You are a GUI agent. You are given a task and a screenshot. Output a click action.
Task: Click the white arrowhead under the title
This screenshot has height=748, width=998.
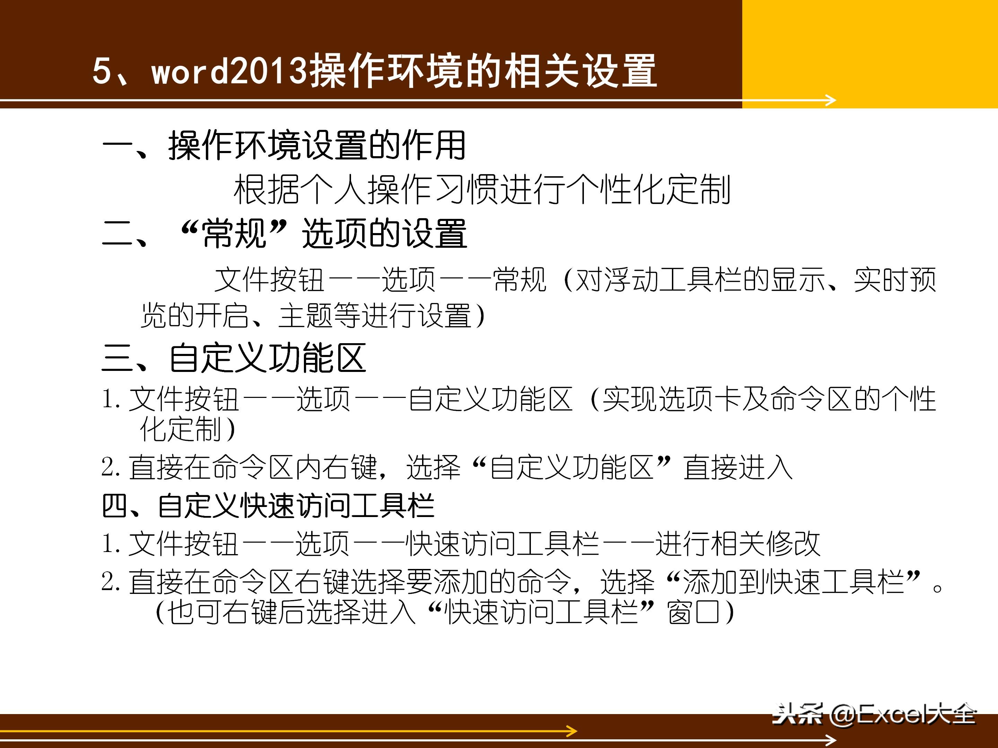(831, 100)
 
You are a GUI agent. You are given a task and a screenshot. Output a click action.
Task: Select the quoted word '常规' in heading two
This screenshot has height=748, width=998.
(234, 233)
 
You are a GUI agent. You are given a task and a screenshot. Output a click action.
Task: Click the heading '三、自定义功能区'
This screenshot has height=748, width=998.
(234, 358)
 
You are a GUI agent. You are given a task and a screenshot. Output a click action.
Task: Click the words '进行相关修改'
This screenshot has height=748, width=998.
(738, 544)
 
